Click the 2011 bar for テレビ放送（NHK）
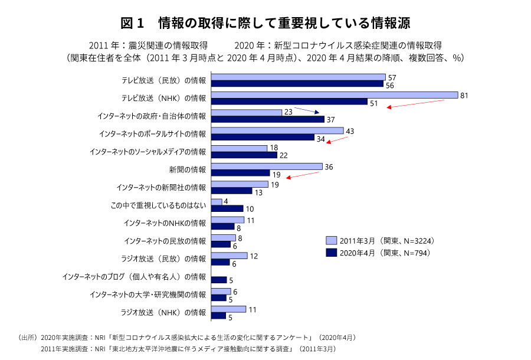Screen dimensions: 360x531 [334, 94]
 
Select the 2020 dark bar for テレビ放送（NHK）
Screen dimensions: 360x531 [289, 102]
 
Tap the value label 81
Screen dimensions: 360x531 [464, 94]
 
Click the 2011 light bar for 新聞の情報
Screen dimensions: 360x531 [267, 166]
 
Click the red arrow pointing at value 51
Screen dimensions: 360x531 [415, 103]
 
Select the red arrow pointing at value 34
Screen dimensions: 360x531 [337, 139]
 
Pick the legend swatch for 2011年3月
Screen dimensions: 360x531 [331, 241]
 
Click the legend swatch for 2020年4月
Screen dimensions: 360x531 [331, 253]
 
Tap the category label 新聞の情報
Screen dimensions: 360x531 [188, 170]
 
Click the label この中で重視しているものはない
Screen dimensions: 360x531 [159, 205]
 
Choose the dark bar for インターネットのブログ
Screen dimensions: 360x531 [218, 280]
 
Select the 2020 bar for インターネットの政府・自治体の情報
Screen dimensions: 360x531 [267, 120]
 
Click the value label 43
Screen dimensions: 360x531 [349, 130]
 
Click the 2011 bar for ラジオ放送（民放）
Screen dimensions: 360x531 [229, 256]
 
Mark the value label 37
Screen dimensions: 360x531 [330, 120]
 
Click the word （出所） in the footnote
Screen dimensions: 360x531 [28, 338]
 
